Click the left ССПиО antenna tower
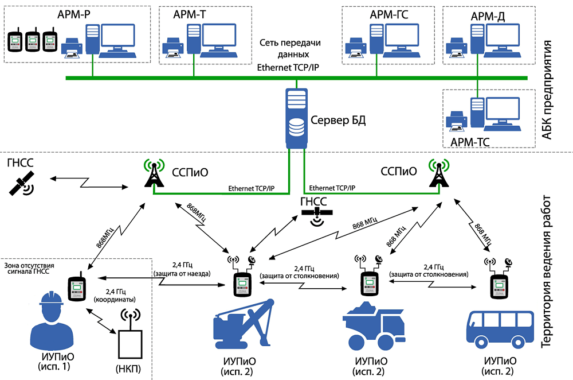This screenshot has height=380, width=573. [154, 173]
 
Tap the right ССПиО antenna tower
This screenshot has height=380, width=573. [439, 173]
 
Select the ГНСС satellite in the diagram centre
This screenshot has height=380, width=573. [316, 216]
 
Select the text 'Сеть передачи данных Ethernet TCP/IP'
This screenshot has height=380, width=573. [289, 55]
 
